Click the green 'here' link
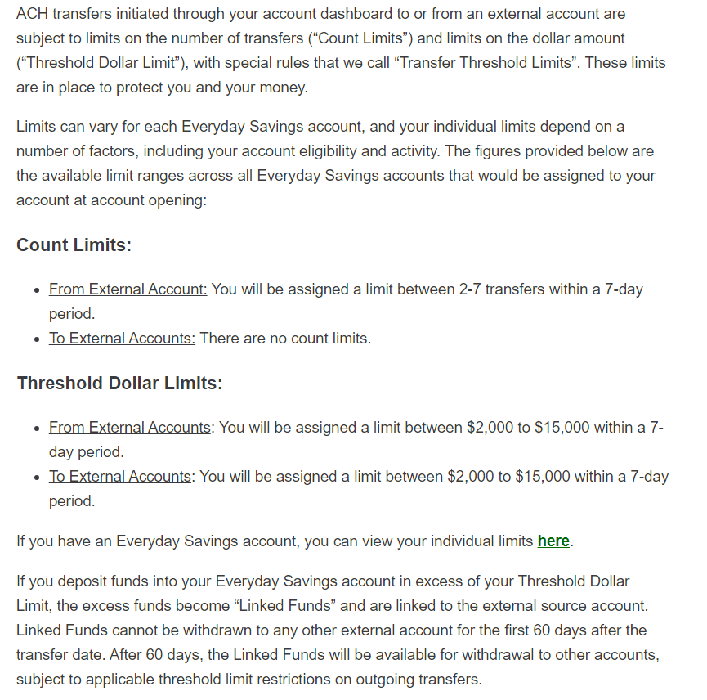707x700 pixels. coord(553,541)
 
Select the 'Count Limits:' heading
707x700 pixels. coord(74,245)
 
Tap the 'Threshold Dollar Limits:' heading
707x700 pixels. coord(119,383)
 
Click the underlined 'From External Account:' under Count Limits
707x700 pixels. coord(128,289)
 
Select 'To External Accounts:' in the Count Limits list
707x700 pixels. coord(122,339)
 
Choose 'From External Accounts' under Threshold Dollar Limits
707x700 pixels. coord(129,428)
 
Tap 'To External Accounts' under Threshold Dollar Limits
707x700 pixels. coord(120,477)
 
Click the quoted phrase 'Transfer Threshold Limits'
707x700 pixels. coord(486,63)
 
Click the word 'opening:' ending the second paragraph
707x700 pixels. coord(178,200)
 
